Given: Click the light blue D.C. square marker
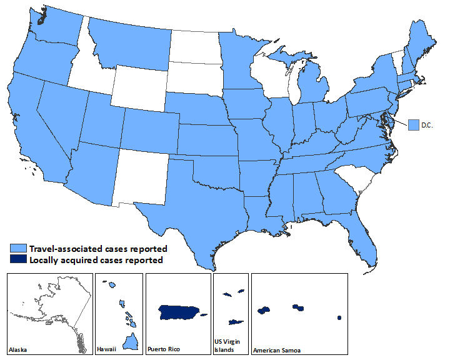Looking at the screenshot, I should (x=413, y=125).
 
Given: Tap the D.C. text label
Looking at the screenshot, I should (x=427, y=126).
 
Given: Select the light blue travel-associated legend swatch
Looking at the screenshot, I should (x=19, y=249).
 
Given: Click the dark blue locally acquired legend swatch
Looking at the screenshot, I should (x=19, y=260).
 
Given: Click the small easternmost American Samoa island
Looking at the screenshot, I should (x=339, y=317).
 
